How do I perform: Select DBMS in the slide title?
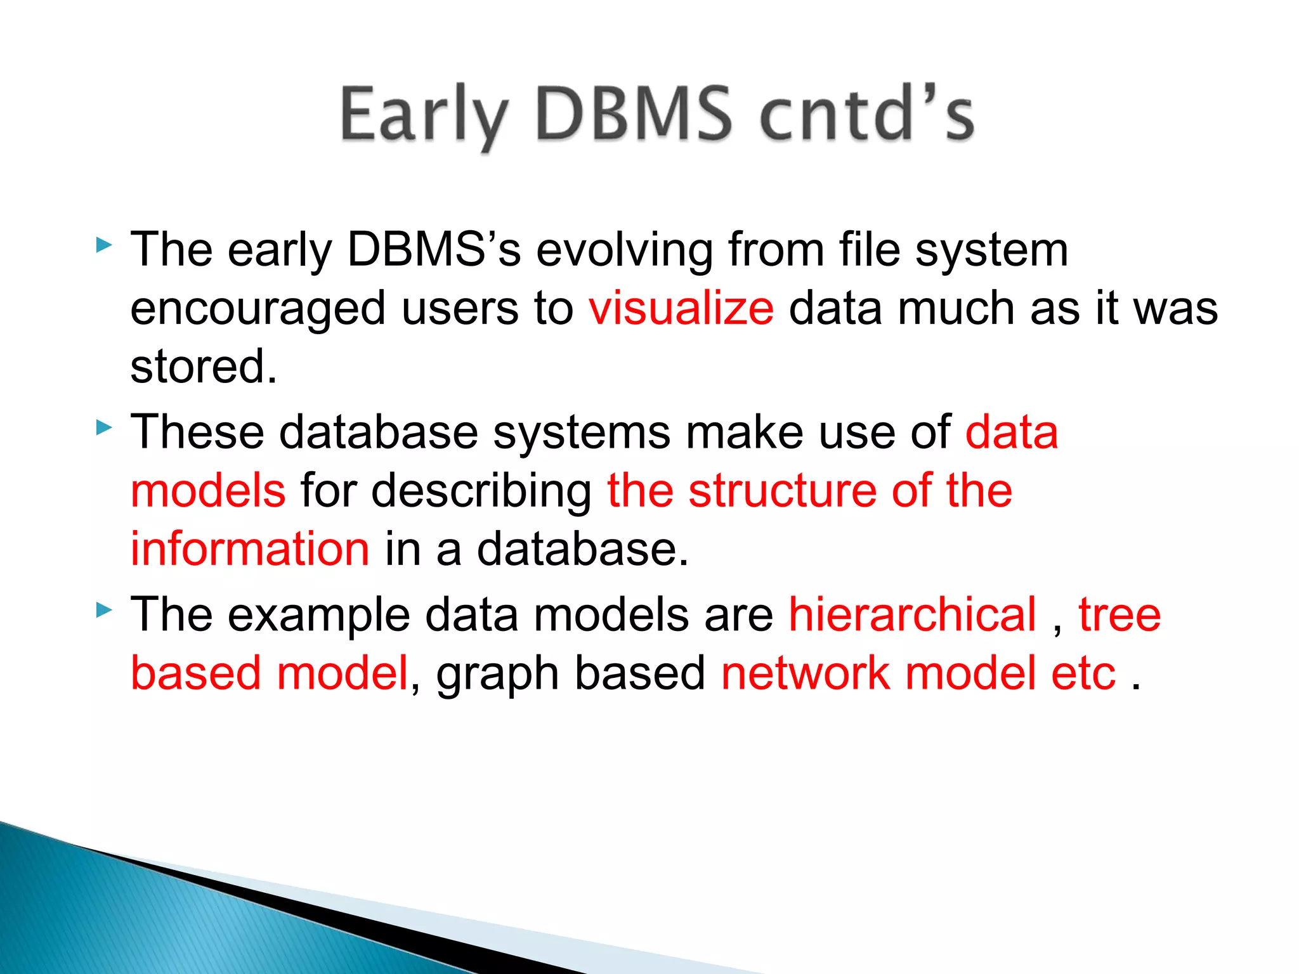click(x=633, y=115)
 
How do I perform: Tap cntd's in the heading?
click(x=866, y=115)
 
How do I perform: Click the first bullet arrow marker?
click(x=104, y=245)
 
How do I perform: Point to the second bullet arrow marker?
click(x=104, y=428)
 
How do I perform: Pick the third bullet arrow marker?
click(x=104, y=611)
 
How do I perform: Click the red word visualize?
click(x=681, y=308)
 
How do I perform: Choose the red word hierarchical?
click(x=912, y=614)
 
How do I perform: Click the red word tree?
click(x=1119, y=614)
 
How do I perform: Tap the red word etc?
click(x=1083, y=673)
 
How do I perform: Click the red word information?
click(x=250, y=549)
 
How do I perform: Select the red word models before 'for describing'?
click(x=208, y=490)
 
